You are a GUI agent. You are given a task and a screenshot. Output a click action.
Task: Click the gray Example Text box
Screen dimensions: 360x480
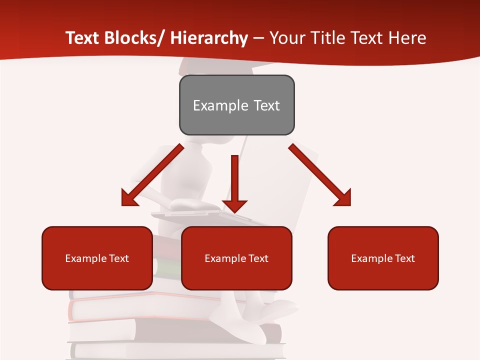click(236, 105)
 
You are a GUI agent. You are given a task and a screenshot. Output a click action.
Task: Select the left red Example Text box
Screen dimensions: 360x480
click(97, 258)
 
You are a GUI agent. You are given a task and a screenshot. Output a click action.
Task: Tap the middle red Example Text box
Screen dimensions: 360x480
click(236, 258)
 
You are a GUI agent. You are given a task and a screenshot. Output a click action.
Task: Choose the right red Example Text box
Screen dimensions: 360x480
click(383, 258)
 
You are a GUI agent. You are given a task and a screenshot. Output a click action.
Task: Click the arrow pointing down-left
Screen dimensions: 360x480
click(152, 175)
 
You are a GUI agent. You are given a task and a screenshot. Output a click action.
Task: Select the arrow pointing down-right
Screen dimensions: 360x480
click(320, 175)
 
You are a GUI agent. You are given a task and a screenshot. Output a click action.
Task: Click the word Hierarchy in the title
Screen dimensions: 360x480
click(209, 38)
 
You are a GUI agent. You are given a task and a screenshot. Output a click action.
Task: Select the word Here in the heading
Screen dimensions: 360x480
click(408, 38)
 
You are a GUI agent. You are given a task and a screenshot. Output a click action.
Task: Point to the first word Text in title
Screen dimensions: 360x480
click(83, 38)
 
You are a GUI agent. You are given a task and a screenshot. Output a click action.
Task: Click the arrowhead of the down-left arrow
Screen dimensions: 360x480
click(129, 198)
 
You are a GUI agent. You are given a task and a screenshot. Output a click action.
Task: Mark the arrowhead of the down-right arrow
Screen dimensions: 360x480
click(343, 198)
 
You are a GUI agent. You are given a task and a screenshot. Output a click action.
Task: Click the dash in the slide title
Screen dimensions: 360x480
click(258, 39)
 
